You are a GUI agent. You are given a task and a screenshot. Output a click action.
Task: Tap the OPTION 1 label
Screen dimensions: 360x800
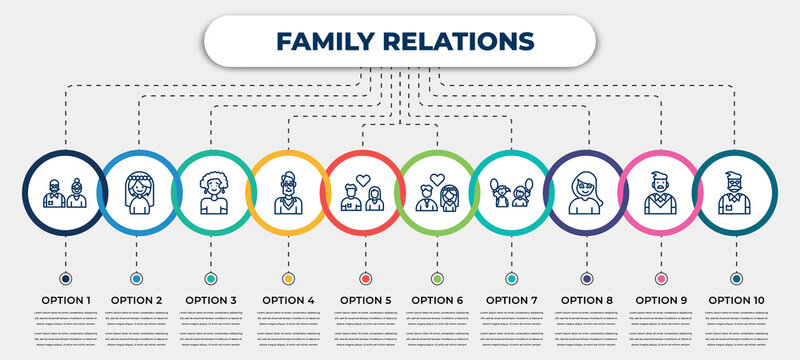coord(65,299)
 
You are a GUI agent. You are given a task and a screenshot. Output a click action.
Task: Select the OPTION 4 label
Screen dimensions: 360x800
coord(289,299)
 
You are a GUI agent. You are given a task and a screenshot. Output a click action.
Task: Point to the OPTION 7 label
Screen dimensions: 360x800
coord(512,299)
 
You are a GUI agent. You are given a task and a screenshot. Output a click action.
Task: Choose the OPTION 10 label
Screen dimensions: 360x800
coord(737,299)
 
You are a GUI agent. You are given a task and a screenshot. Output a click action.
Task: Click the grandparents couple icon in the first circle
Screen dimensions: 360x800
coord(65,192)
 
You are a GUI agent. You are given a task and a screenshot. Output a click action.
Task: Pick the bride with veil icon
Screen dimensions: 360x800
coord(137,192)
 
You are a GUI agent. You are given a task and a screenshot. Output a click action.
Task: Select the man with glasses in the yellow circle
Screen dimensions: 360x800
coord(289,192)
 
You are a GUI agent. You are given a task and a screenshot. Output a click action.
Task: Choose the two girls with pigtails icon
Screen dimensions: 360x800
coord(512,193)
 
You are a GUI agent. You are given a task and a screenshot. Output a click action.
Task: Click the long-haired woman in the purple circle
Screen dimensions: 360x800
coord(586,192)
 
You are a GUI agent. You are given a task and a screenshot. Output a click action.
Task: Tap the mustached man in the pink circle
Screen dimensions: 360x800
coord(660,193)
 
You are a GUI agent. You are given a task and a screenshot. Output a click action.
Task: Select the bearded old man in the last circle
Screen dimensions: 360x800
coord(737,192)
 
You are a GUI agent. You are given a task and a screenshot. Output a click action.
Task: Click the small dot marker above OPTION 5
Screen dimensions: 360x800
coord(364,278)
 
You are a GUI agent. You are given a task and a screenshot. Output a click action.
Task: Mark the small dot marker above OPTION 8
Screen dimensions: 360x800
coord(586,278)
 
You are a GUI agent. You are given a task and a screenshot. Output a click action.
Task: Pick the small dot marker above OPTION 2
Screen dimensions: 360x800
coord(137,278)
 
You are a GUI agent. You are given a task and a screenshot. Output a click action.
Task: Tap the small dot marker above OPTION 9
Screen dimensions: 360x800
coord(660,278)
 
